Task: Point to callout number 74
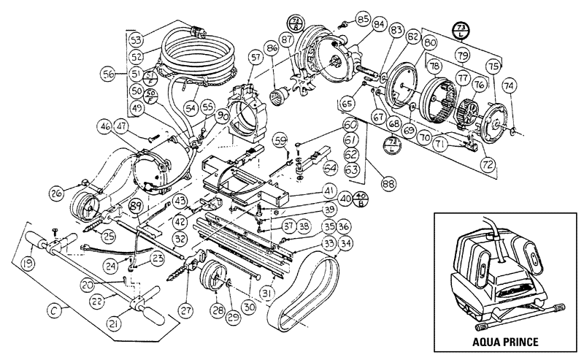tap(509, 85)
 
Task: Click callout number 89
tap(134, 207)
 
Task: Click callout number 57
tap(254, 55)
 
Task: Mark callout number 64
tap(331, 166)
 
